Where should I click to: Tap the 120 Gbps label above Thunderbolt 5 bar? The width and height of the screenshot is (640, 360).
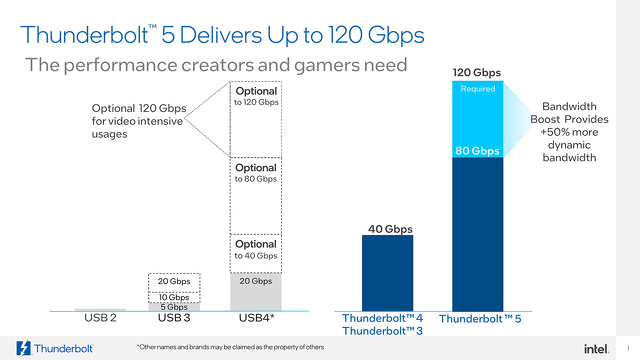[x=476, y=73]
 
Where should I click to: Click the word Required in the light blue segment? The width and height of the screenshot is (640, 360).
[x=477, y=89]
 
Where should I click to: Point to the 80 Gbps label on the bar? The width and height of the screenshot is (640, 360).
[x=477, y=151]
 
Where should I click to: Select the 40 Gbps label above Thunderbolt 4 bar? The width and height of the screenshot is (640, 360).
[x=386, y=229]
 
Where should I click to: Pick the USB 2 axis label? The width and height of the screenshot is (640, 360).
[x=100, y=319]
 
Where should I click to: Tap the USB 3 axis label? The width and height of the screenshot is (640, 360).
[x=174, y=319]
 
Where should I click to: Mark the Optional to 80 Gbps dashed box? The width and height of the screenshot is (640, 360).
[x=257, y=192]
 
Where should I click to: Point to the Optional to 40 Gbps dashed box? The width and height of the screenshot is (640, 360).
[x=257, y=250]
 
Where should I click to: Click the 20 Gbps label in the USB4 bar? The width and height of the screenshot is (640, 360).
[x=257, y=282]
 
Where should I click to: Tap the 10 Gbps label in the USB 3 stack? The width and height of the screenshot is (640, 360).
[x=174, y=297]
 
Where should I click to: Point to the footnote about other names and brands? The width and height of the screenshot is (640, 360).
[x=230, y=347]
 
